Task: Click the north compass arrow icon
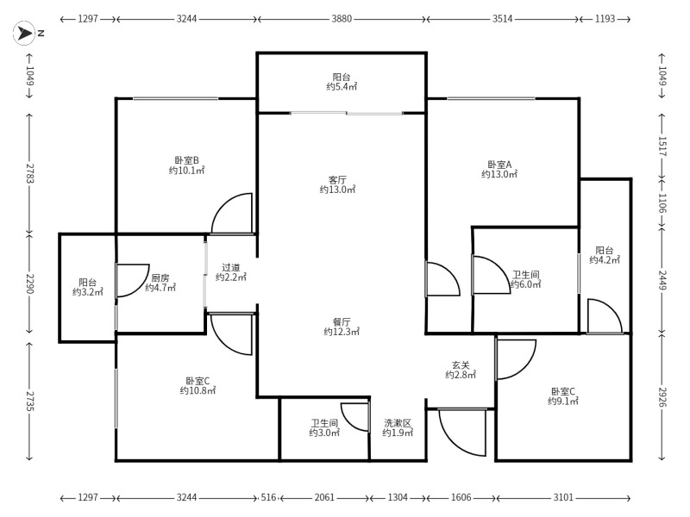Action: tap(24, 33)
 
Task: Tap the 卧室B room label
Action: tap(186, 160)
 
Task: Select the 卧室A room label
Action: tap(499, 165)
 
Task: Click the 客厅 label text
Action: tap(337, 180)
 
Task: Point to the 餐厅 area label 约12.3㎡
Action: tap(342, 332)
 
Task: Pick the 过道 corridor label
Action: tap(231, 267)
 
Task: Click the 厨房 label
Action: tap(160, 277)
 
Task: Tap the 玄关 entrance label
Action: tap(461, 364)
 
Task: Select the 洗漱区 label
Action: tap(398, 423)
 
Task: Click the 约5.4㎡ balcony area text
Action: tap(342, 87)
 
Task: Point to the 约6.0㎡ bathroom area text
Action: tap(526, 284)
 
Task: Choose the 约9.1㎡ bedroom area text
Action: tap(563, 401)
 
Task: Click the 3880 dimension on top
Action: tap(342, 19)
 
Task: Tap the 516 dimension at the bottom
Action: tap(268, 498)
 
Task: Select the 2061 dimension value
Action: tap(324, 498)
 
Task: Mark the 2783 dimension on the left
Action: tap(29, 173)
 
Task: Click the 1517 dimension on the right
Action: tap(662, 146)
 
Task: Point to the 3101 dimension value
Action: tap(563, 498)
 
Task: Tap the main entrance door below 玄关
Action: tap(462, 433)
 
